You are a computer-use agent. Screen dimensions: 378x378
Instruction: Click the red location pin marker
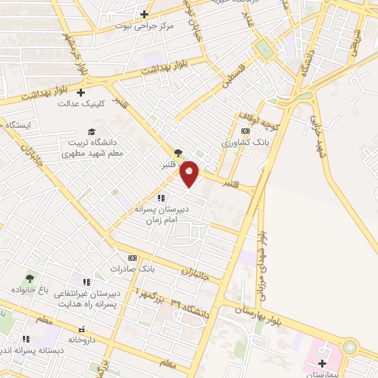pos(190,173)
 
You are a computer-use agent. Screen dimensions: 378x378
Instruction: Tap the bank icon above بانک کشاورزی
pos(245,131)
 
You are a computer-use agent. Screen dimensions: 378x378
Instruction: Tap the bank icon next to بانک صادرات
pos(132,258)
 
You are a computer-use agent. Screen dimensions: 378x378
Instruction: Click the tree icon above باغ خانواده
pos(30,278)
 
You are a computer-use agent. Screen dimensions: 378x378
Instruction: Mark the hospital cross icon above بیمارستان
pos(323,362)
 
